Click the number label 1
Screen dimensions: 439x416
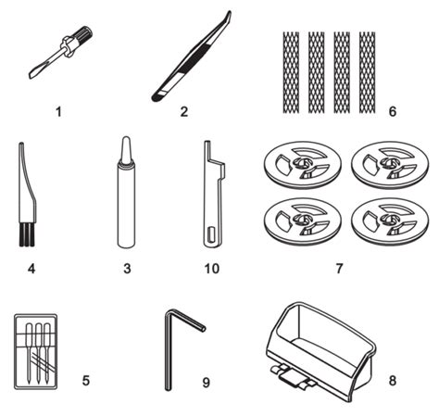tap(58, 112)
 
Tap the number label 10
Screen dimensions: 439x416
tap(212, 269)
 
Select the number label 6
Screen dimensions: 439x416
tap(392, 111)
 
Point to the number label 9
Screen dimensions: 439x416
tap(206, 383)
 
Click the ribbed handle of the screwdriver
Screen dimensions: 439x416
tap(83, 33)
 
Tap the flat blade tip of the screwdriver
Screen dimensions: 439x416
tap(33, 74)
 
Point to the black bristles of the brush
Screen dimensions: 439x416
tap(27, 234)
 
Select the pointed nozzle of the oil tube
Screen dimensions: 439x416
tap(126, 150)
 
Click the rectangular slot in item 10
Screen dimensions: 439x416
tap(211, 233)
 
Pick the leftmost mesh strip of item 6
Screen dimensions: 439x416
tap(291, 72)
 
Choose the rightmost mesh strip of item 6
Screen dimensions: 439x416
tap(367, 72)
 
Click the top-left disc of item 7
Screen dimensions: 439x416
tap(303, 164)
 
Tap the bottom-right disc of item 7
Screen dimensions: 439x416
tap(390, 221)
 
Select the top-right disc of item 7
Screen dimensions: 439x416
tap(390, 164)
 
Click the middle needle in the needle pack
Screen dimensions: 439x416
tap(38, 352)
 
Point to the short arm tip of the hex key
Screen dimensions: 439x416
tap(203, 329)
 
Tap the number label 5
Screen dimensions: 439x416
tap(86, 381)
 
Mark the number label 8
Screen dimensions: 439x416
tap(392, 381)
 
